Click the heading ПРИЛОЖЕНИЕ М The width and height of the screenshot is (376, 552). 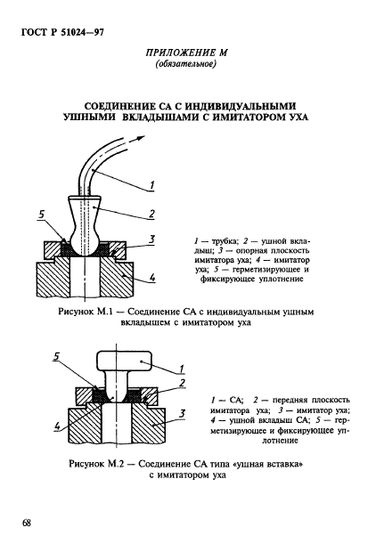(x=187, y=53)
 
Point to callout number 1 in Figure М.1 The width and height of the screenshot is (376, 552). (x=152, y=184)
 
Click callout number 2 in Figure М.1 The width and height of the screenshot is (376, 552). (x=152, y=214)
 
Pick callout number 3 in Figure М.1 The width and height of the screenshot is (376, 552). (x=152, y=239)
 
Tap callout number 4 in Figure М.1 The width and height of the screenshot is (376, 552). (x=152, y=278)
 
